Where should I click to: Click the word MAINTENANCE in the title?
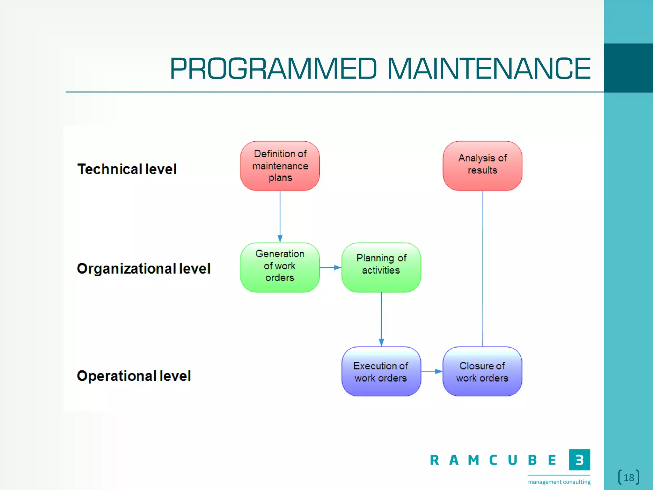(x=488, y=69)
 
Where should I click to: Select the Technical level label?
(x=127, y=169)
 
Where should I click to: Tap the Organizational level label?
(x=143, y=269)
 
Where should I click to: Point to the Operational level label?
(x=134, y=376)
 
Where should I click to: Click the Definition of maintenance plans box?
(x=280, y=166)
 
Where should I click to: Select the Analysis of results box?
(x=482, y=166)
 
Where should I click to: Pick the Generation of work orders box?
(x=280, y=267)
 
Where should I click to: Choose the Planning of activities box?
(x=381, y=267)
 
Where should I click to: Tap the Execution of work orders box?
(x=381, y=372)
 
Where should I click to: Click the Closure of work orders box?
(x=482, y=372)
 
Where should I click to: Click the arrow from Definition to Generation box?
(x=280, y=217)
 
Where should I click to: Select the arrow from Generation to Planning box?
(x=330, y=267)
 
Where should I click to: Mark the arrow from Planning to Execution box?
(x=381, y=319)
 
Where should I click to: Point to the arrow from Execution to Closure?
(x=432, y=371)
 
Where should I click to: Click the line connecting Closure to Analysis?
(x=482, y=268)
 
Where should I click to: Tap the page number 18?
(x=629, y=478)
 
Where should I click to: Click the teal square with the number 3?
(x=579, y=460)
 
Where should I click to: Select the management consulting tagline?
(x=559, y=482)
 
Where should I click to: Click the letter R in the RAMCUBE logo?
(x=434, y=460)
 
